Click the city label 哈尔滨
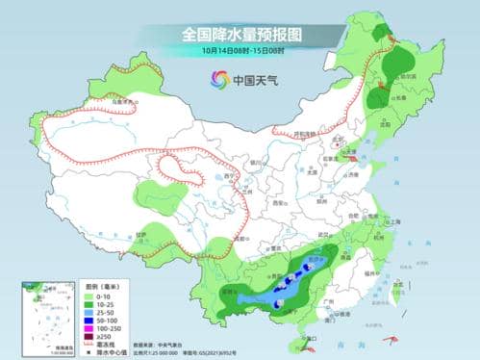pos(409,75)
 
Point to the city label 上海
pos(395,221)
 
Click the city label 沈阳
pos(390,124)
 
